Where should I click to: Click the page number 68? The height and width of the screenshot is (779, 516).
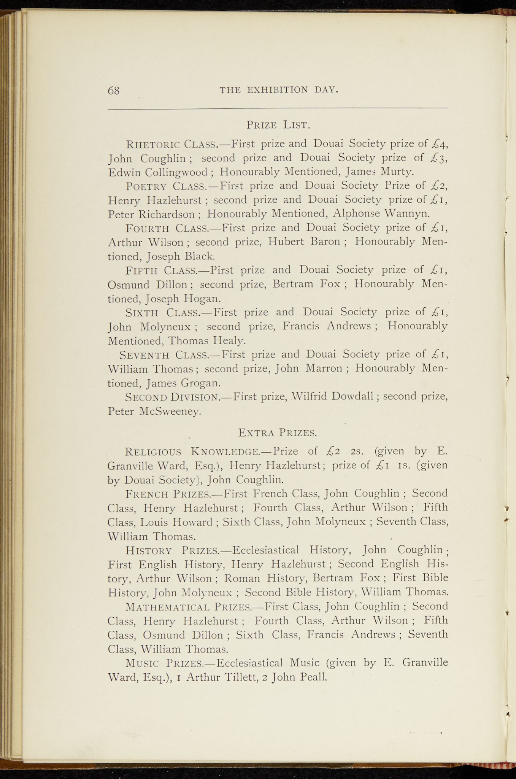[114, 91]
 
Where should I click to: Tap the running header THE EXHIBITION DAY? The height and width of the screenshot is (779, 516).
[279, 90]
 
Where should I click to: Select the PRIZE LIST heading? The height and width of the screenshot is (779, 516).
[278, 125]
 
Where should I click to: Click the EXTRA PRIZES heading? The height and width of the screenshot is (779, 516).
[277, 433]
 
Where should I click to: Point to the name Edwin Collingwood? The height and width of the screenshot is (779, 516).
[158, 172]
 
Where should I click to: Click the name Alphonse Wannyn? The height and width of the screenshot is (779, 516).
[381, 213]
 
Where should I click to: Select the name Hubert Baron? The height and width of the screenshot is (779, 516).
[303, 242]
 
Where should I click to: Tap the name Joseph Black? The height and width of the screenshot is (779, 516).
[181, 256]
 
